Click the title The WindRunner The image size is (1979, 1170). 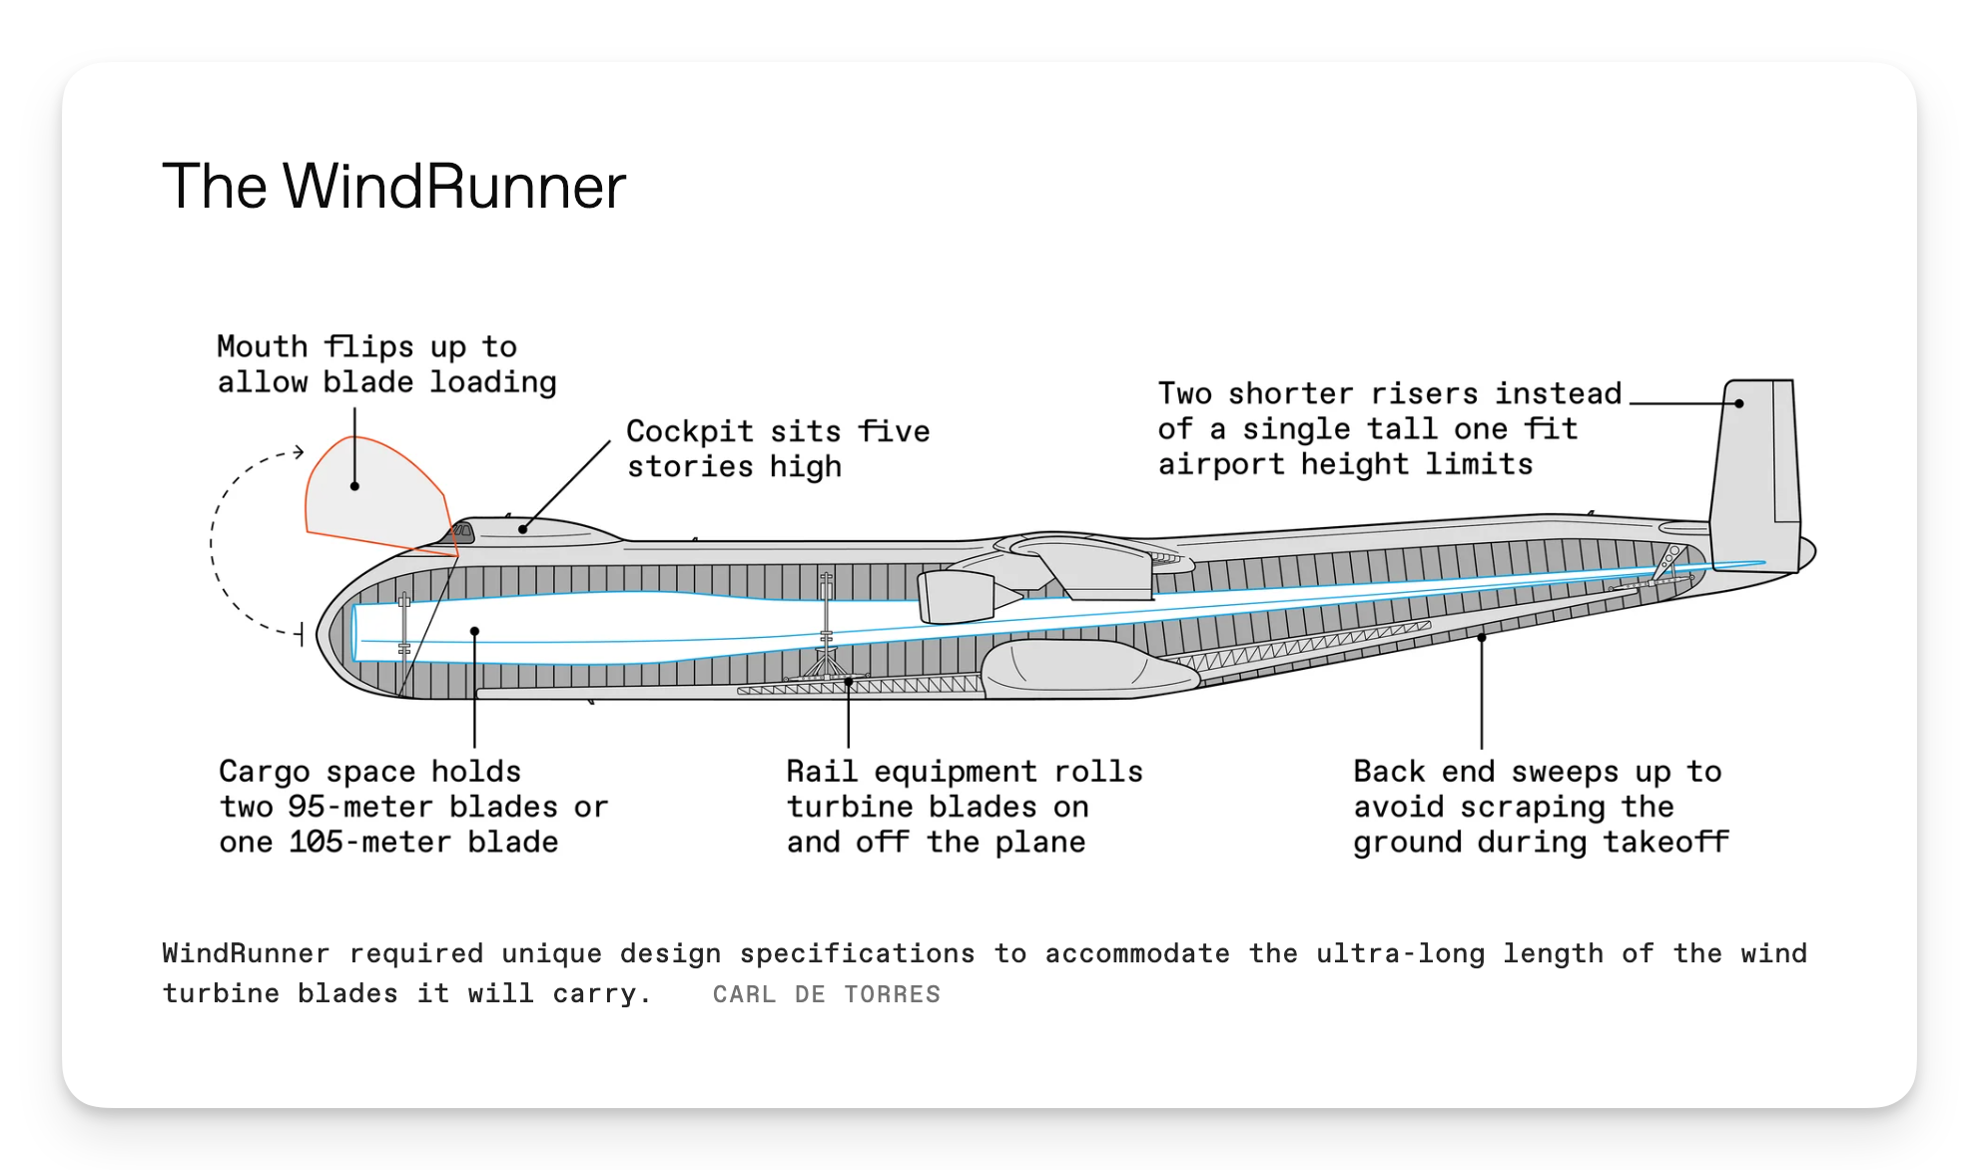[x=393, y=187]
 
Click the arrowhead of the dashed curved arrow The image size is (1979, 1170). [x=298, y=452]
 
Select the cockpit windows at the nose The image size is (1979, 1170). [x=462, y=531]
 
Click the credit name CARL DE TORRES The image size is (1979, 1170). [x=826, y=994]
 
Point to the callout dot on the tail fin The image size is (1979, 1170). [x=1738, y=403]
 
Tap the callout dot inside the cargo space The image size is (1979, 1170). [x=474, y=631]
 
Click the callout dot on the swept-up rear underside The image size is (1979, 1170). [x=1482, y=637]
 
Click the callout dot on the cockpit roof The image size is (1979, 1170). [x=523, y=529]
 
